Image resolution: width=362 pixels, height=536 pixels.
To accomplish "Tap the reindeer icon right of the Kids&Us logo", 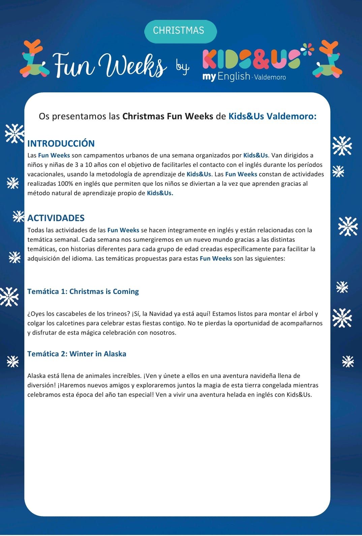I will [327, 59].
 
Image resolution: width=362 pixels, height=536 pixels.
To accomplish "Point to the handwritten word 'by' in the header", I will [182, 66].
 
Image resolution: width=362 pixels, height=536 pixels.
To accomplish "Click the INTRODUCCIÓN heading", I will [61, 143].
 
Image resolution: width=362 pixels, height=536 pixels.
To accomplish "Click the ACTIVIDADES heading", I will [56, 218].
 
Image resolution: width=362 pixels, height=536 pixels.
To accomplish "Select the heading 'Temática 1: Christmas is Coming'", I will [83, 291].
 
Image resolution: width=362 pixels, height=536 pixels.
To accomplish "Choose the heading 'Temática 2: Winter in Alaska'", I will [77, 354].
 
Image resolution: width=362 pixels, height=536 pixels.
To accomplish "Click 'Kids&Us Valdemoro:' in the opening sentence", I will [272, 116].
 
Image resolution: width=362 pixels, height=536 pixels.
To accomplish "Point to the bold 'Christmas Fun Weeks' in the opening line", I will [168, 116].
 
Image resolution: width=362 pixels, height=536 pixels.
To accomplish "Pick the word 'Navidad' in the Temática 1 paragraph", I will [160, 314].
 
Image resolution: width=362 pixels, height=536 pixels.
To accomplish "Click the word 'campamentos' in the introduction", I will [104, 155].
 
